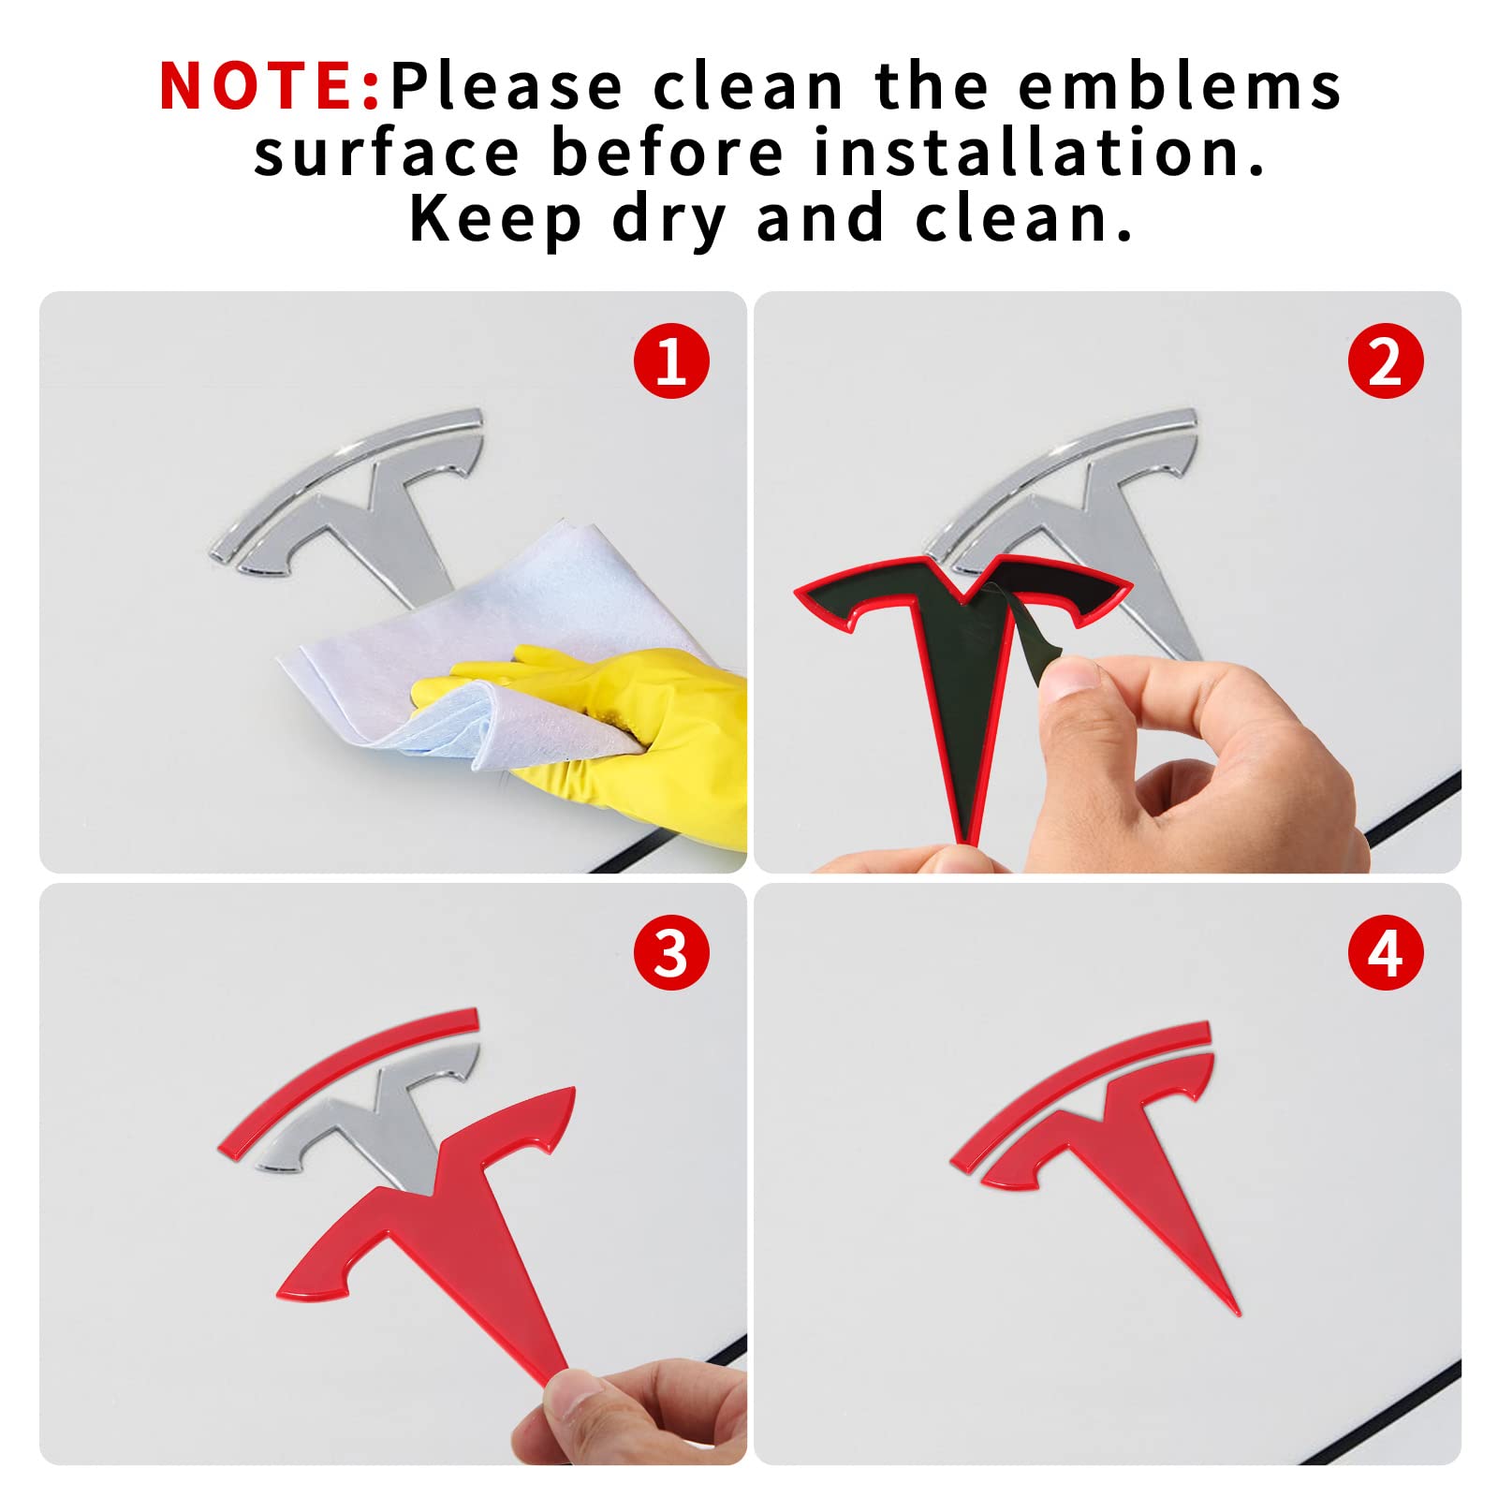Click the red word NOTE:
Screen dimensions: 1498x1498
(270, 85)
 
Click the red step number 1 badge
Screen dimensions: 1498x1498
(671, 361)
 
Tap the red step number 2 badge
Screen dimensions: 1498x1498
(1386, 361)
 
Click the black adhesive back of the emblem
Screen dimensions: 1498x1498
(964, 655)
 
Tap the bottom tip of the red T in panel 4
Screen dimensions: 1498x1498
(1238, 1313)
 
